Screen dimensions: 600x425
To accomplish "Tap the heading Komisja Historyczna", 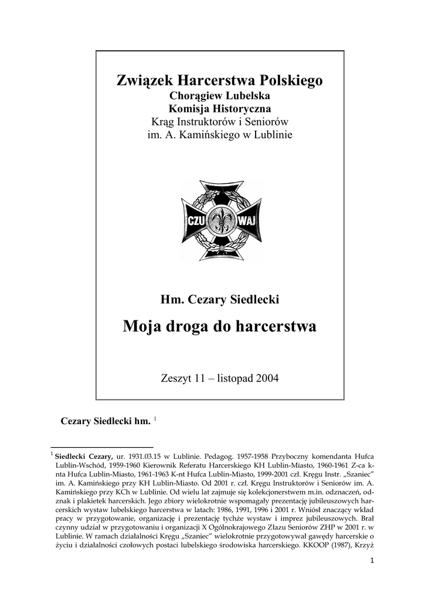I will [x=220, y=108].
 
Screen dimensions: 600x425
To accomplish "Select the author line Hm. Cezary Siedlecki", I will [x=220, y=299].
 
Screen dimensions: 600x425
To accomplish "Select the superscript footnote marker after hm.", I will [x=155, y=418].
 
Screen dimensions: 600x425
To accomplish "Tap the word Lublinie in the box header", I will [x=271, y=135].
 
